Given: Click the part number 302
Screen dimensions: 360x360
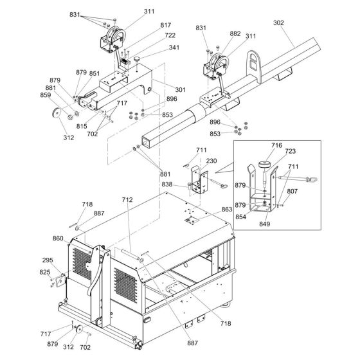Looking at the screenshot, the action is click(278, 22).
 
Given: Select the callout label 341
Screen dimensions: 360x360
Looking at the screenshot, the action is click(174, 48).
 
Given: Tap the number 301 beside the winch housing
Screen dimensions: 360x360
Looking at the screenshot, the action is click(180, 89).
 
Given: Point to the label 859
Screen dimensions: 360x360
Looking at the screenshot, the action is click(46, 95).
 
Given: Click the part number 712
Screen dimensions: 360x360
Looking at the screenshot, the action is click(127, 200).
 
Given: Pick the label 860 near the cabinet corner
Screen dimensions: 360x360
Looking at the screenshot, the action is click(58, 239).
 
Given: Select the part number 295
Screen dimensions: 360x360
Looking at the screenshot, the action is click(48, 260).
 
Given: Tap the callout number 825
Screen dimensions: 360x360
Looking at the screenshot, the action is click(45, 272).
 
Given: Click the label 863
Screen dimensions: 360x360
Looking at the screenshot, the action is click(227, 209).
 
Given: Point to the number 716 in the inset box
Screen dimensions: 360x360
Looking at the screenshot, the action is click(276, 145).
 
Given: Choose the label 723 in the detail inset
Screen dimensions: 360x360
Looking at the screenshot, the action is click(291, 151).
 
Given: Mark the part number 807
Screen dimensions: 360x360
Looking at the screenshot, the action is click(292, 191).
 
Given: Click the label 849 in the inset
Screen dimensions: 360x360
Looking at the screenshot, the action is click(264, 224).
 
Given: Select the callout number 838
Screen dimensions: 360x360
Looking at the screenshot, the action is click(167, 184).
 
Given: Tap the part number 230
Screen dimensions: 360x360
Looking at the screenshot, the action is click(212, 161).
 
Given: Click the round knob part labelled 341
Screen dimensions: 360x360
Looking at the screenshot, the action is click(137, 59).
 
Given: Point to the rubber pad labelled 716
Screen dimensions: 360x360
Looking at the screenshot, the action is click(264, 165).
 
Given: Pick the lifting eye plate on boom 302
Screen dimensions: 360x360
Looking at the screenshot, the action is click(254, 66).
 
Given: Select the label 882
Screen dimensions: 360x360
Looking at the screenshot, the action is click(235, 33).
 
